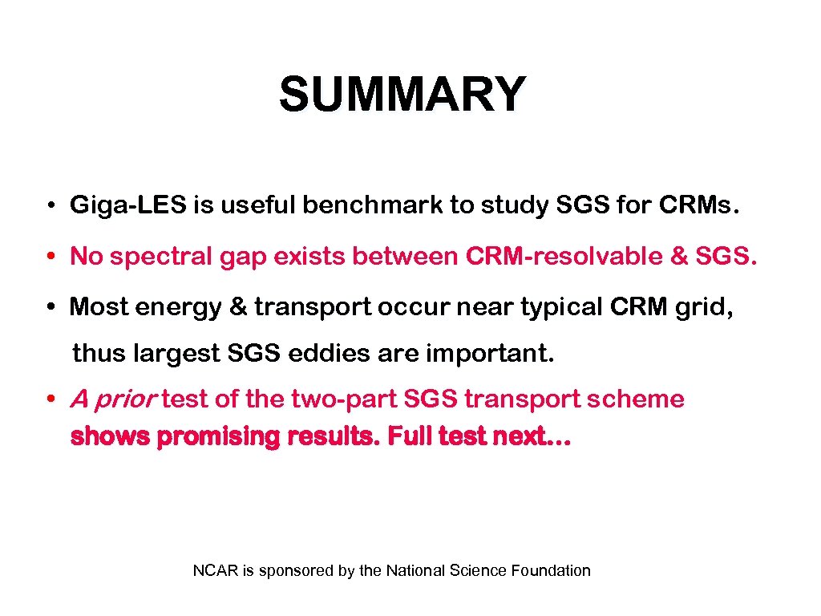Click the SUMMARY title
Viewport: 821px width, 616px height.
(402, 95)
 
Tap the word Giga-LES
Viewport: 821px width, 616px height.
(127, 206)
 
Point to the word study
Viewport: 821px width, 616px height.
(508, 206)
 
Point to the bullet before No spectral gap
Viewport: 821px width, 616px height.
(50, 257)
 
